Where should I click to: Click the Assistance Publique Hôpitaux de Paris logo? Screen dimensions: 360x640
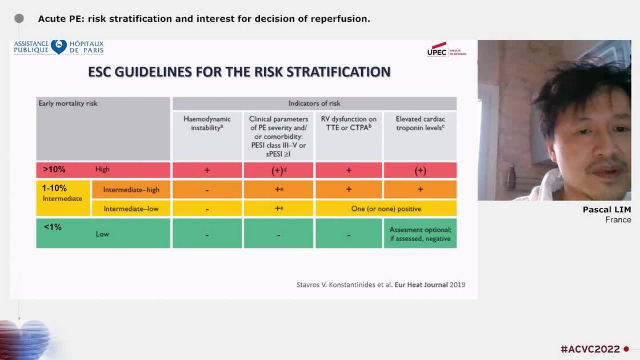point(59,47)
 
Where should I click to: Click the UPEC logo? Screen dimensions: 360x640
point(446,50)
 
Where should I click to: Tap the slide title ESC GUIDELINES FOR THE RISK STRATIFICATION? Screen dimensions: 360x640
point(239,72)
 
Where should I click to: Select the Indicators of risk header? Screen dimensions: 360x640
point(314,103)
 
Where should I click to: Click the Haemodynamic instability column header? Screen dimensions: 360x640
point(207,123)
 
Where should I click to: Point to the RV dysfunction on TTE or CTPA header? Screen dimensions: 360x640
point(349,123)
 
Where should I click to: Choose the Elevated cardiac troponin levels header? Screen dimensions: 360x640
point(420,123)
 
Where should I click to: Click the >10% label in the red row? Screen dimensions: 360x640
point(54,170)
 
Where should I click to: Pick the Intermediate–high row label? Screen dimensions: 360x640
point(131,189)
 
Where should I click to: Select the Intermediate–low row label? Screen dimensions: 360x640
point(131,209)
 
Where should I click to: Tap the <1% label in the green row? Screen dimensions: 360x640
point(53,227)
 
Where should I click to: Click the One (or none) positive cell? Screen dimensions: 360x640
point(386,209)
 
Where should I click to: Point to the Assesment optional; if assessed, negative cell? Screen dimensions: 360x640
point(420,234)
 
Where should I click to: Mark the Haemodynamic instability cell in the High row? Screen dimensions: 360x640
point(207,170)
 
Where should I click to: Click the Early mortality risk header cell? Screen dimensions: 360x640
point(68,103)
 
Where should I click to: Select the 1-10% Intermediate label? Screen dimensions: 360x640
point(62,193)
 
